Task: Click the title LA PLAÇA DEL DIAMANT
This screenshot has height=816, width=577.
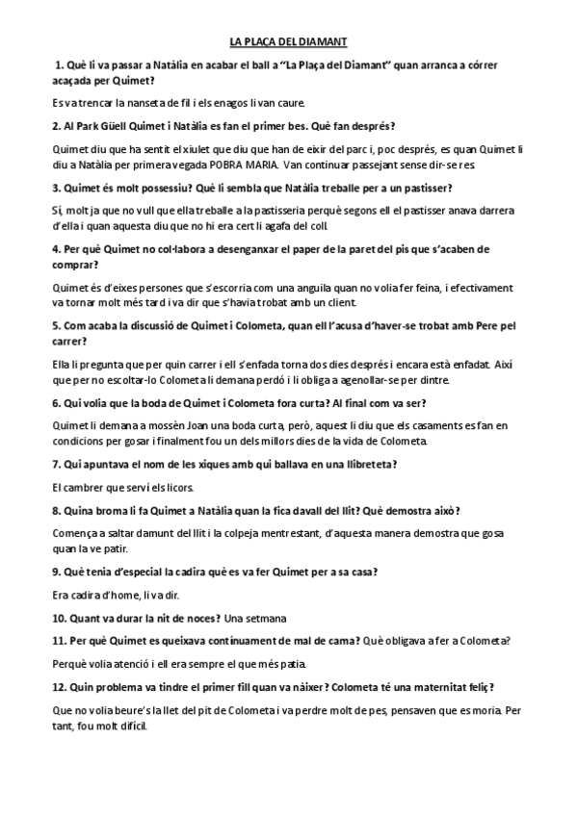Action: pos(288,42)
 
